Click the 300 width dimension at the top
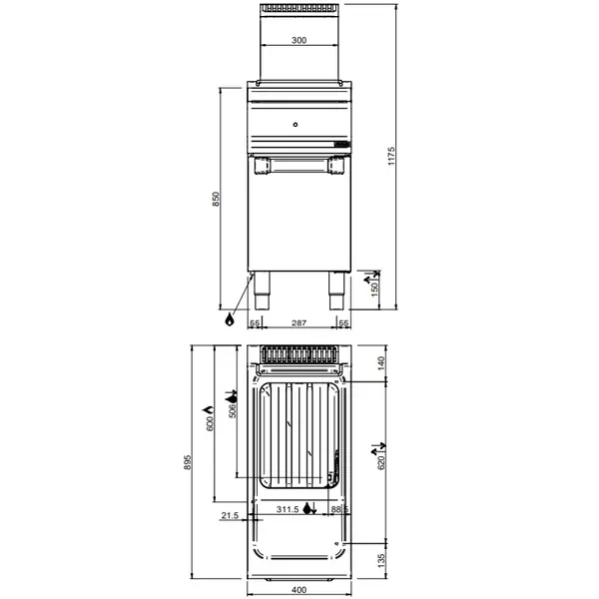pyautogui.click(x=299, y=41)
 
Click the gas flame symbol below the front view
pyautogui.click(x=230, y=320)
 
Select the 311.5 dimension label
pyautogui.click(x=289, y=510)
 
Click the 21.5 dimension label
pyautogui.click(x=230, y=516)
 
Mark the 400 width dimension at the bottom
pyautogui.click(x=299, y=590)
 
